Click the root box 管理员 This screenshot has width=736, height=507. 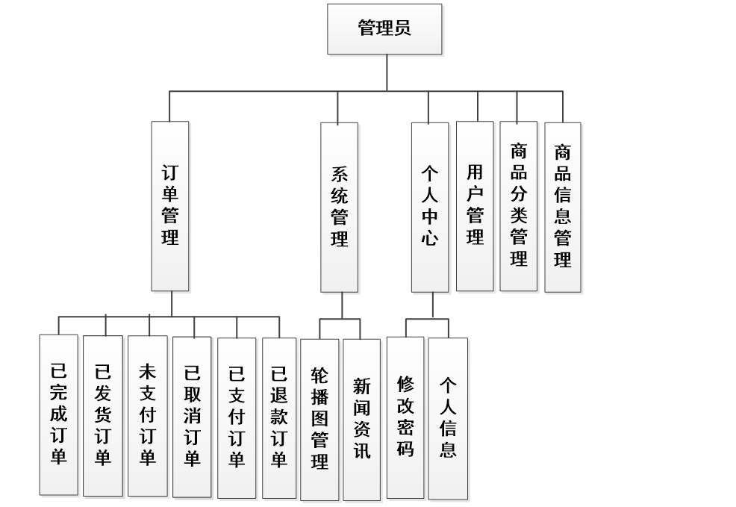click(x=384, y=29)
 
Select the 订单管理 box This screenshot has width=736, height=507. click(x=170, y=206)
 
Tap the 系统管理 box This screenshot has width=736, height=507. click(x=340, y=207)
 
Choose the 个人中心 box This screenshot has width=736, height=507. click(x=430, y=207)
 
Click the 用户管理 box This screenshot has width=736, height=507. click(x=475, y=206)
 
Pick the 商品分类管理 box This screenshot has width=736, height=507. click(x=519, y=206)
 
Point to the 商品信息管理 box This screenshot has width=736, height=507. click(x=563, y=207)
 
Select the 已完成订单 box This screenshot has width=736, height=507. click(x=59, y=414)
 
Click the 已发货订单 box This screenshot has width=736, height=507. click(x=103, y=415)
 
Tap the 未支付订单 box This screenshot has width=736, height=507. click(x=147, y=414)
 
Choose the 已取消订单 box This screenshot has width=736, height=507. click(x=192, y=415)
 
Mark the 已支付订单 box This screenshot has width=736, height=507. click(x=237, y=415)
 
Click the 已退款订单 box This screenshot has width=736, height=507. click(x=280, y=415)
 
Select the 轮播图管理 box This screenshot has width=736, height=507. click(x=319, y=419)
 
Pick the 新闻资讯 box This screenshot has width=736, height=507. click(x=362, y=419)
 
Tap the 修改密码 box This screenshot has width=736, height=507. click(x=405, y=417)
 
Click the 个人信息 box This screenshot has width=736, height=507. click(x=448, y=417)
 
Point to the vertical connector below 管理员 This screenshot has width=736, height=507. click(x=387, y=72)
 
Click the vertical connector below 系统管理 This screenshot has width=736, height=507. click(x=342, y=305)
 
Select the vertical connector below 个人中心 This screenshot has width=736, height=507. click(x=433, y=305)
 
